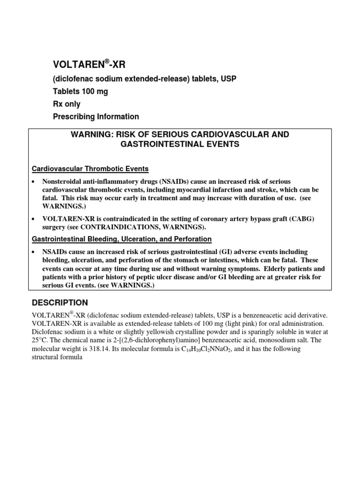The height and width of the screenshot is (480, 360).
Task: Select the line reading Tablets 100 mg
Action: point(80,91)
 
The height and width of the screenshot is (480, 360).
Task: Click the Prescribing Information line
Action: point(95,117)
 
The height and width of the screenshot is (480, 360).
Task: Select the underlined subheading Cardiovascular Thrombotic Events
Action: point(90,169)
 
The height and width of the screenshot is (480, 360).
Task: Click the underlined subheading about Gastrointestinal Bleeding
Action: point(121,239)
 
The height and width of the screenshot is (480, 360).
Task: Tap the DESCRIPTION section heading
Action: point(60,302)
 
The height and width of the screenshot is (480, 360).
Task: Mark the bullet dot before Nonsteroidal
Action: point(34,181)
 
